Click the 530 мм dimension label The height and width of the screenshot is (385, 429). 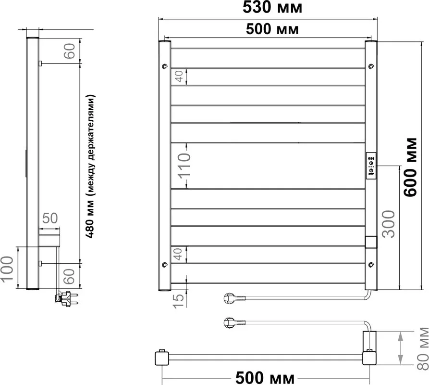click(x=272, y=7)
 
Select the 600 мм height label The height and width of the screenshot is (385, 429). click(x=411, y=167)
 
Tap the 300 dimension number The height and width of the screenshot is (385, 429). click(x=389, y=224)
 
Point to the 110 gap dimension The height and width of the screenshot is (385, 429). click(x=184, y=166)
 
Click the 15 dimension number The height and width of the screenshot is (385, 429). click(x=179, y=301)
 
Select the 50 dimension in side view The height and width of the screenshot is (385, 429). click(x=50, y=218)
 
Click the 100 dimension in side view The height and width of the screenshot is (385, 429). click(x=7, y=269)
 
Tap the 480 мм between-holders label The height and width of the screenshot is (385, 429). click(x=90, y=167)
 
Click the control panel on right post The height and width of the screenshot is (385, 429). click(x=371, y=166)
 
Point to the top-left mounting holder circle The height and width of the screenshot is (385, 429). click(x=164, y=66)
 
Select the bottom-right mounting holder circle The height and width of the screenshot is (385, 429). click(x=371, y=264)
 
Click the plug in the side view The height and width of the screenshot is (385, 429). click(x=66, y=299)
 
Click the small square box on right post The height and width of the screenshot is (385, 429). click(x=371, y=242)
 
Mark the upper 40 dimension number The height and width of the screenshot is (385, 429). click(x=179, y=77)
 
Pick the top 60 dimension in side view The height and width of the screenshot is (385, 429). click(x=69, y=51)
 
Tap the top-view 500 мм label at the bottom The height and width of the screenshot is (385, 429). click(x=265, y=378)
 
